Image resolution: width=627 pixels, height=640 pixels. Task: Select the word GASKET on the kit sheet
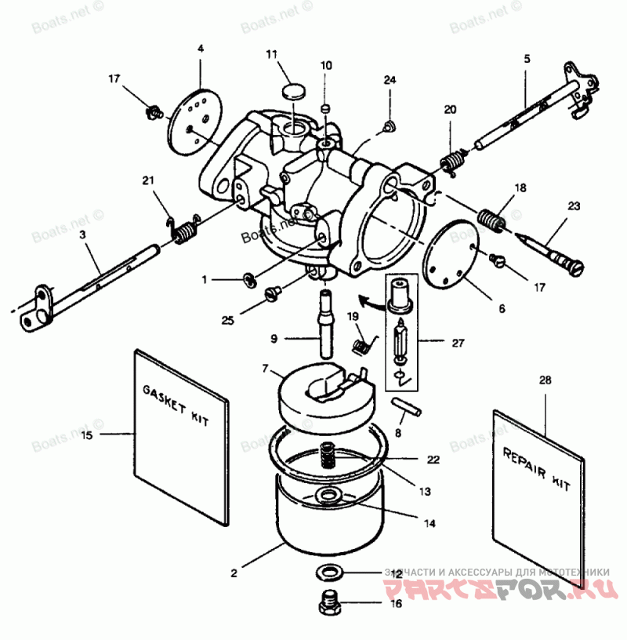(161, 396)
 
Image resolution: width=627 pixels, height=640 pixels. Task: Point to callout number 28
(545, 380)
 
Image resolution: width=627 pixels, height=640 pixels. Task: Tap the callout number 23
(574, 207)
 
